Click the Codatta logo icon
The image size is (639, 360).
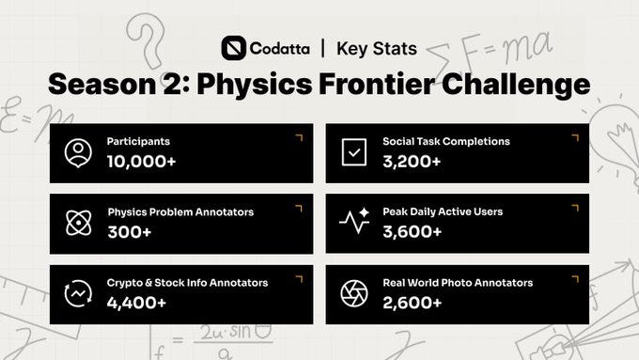(x=233, y=48)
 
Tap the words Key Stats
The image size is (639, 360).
(x=377, y=49)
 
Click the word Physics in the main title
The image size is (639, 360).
(x=255, y=85)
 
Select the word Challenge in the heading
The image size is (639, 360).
(x=516, y=85)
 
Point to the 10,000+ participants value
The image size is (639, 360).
(x=141, y=162)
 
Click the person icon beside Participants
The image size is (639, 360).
(x=78, y=153)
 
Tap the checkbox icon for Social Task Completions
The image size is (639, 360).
(x=353, y=152)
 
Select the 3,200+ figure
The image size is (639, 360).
(x=412, y=162)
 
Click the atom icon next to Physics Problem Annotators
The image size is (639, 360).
(x=79, y=223)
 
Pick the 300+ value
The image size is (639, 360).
(x=130, y=232)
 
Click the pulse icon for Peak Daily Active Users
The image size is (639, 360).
(x=354, y=221)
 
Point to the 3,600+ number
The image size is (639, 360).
(x=412, y=231)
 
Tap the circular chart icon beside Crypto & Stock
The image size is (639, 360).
(x=78, y=293)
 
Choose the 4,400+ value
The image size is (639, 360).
(x=136, y=303)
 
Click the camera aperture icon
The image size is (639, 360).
(x=354, y=293)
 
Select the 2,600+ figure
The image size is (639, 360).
(x=412, y=303)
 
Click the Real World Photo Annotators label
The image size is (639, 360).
(x=458, y=283)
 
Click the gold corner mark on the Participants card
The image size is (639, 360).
(x=300, y=137)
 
